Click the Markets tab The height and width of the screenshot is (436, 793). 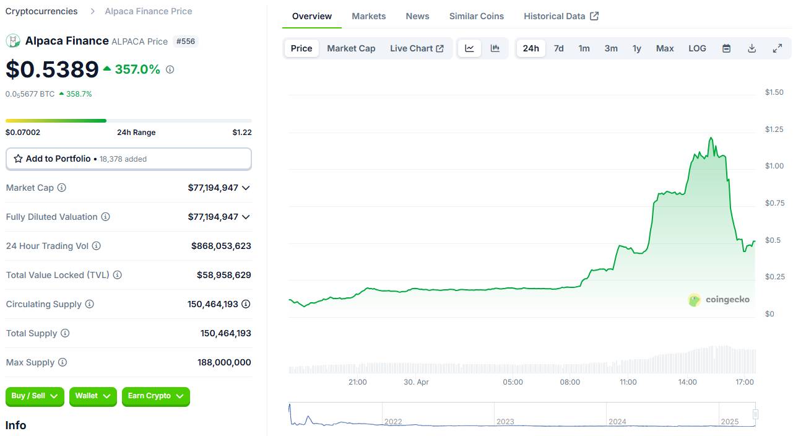pyautogui.click(x=368, y=16)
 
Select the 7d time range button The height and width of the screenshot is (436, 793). pyautogui.click(x=558, y=48)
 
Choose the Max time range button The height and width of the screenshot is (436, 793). pyautogui.click(x=664, y=48)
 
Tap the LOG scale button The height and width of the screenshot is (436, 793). pyautogui.click(x=697, y=48)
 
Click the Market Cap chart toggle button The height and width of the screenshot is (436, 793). pyautogui.click(x=351, y=48)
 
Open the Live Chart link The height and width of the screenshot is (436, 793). pyautogui.click(x=417, y=48)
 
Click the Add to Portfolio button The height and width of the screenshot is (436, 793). pyautogui.click(x=128, y=159)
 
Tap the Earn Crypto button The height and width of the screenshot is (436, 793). pyautogui.click(x=155, y=396)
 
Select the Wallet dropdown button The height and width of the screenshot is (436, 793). pyautogui.click(x=93, y=396)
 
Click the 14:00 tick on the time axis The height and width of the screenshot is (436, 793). pyautogui.click(x=687, y=382)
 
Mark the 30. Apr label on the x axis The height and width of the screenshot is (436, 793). pyautogui.click(x=416, y=382)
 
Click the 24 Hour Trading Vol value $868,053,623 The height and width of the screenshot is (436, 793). pyautogui.click(x=221, y=246)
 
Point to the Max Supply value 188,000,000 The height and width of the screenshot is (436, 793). pyautogui.click(x=224, y=362)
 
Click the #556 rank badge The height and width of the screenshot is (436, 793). pyautogui.click(x=186, y=41)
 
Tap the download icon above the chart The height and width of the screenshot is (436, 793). pyautogui.click(x=752, y=48)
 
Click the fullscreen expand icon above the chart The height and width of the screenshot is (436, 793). pyautogui.click(x=778, y=48)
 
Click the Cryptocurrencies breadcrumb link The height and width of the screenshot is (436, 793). pyautogui.click(x=41, y=11)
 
